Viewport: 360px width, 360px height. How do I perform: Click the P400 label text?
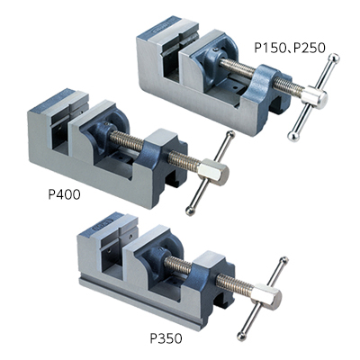(64, 194)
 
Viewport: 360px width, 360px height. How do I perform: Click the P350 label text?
(166, 338)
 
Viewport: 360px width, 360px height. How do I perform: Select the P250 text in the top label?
(309, 48)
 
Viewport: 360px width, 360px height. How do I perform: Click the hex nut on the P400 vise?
(213, 172)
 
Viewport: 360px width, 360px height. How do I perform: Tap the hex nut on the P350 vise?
(266, 296)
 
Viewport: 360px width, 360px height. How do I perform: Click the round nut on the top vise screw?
(315, 97)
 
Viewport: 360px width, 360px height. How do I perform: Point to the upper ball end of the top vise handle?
(334, 58)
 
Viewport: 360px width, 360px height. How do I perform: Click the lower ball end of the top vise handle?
(293, 136)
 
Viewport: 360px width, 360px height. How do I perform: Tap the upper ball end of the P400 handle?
(230, 135)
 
